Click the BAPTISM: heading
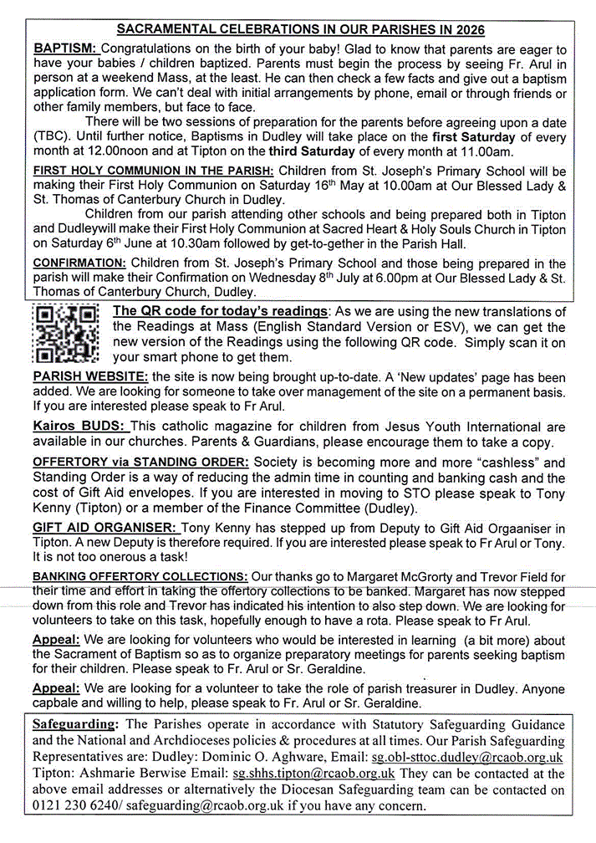(x=66, y=50)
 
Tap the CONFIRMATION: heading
(x=79, y=263)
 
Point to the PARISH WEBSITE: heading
(x=90, y=376)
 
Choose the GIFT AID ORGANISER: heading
(x=105, y=528)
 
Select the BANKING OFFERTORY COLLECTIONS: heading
(x=140, y=577)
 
